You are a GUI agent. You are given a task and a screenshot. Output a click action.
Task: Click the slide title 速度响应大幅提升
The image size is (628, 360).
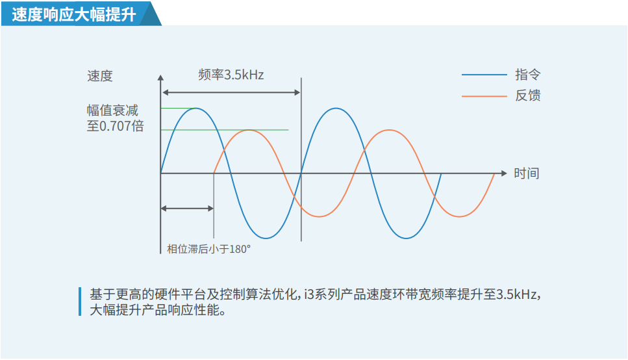(x=74, y=14)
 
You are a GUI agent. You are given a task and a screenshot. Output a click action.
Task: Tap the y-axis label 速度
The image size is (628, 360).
(x=100, y=76)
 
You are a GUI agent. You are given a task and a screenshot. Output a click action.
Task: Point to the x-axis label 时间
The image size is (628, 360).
(x=527, y=174)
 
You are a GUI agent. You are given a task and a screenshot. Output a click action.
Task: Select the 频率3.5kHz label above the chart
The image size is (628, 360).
(x=231, y=75)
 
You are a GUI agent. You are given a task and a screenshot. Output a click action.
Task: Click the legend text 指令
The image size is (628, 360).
(x=528, y=75)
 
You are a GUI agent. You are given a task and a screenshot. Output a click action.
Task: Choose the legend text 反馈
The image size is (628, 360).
(x=528, y=96)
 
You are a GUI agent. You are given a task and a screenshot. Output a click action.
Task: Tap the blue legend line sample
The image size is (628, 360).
(x=484, y=75)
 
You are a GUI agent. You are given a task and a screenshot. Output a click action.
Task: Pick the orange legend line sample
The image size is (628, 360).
(x=484, y=96)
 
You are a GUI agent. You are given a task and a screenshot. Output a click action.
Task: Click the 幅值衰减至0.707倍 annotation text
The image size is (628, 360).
(x=116, y=118)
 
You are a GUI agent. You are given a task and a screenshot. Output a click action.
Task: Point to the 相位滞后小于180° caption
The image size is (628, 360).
(x=208, y=249)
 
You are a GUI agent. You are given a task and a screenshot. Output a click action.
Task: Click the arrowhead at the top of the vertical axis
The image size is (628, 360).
(x=160, y=78)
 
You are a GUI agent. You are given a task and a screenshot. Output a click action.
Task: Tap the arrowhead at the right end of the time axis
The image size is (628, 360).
(x=504, y=174)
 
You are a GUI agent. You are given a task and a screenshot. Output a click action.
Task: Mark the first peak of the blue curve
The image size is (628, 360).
(x=196, y=109)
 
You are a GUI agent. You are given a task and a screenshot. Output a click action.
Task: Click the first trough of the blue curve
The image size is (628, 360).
(x=266, y=238)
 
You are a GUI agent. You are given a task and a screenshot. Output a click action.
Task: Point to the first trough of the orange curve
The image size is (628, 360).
(x=320, y=216)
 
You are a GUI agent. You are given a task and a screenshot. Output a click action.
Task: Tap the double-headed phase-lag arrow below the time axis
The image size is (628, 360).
(x=187, y=209)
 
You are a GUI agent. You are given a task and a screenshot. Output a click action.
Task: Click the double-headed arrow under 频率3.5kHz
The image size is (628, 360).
(x=231, y=93)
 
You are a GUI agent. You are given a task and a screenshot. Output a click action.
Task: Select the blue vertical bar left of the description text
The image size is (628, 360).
(x=80, y=302)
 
